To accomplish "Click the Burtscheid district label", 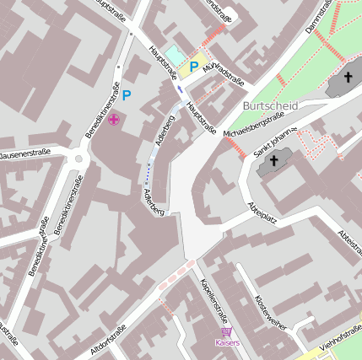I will point(270,106).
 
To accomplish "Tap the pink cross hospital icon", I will point(113,121).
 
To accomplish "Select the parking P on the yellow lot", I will point(193,67).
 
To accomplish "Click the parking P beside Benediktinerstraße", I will point(127,96).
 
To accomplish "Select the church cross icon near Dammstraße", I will point(348,78).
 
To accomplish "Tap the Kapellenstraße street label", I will point(213,298).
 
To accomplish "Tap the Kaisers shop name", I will point(227,343).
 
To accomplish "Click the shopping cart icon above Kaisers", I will point(227,332).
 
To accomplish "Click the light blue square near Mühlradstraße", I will point(172,55).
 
